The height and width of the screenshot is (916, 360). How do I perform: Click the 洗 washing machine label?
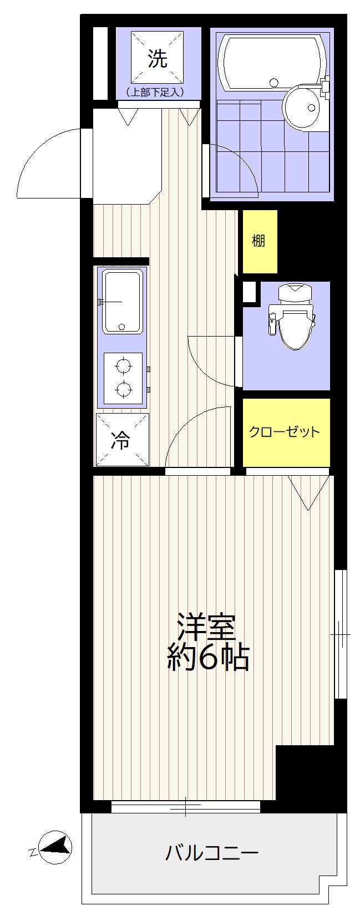pos(158,58)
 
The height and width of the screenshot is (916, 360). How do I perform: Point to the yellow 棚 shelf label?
pos(258,241)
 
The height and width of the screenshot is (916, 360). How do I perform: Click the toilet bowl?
pos(293,323)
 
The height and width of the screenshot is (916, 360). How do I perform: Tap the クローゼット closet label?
pos(285,432)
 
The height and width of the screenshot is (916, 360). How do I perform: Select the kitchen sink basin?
pos(123,302)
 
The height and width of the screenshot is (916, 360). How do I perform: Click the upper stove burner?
pos(123,365)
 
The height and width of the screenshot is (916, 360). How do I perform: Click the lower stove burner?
pos(123,389)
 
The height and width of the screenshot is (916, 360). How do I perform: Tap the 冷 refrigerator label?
pos(121,441)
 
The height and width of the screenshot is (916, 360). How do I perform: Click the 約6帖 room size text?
pos(208,658)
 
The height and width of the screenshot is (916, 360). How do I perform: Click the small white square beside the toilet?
pos(249,292)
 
